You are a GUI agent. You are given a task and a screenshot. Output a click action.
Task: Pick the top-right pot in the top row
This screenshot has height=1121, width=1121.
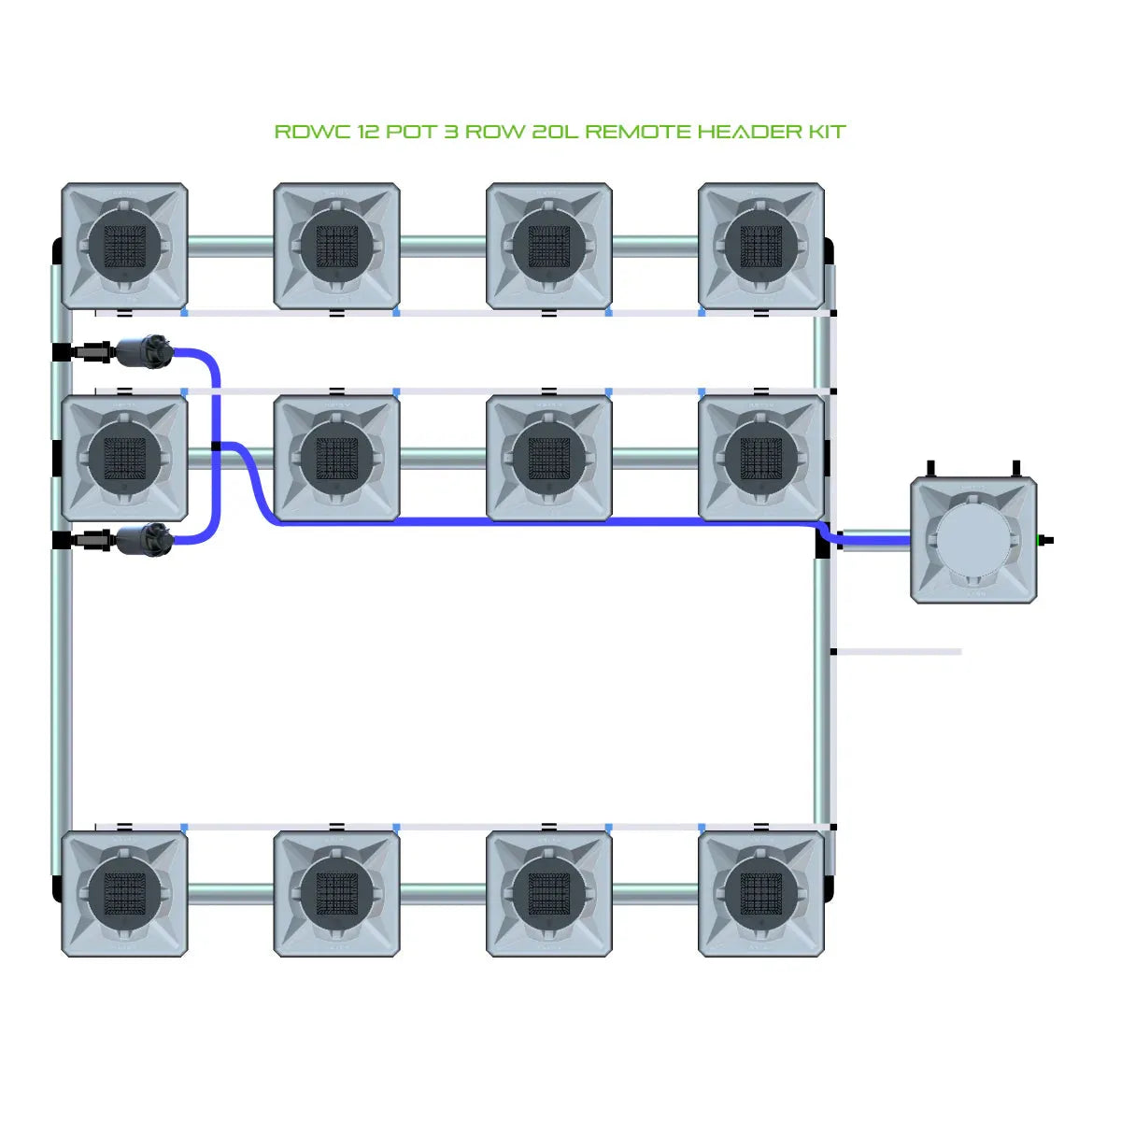coord(761,246)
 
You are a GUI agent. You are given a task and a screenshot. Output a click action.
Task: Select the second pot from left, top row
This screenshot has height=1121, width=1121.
coord(337,246)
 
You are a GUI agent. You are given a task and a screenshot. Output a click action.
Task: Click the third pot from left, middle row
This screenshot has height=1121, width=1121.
coord(549,458)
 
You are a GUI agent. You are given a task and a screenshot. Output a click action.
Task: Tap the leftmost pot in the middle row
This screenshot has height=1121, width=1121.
coord(124,458)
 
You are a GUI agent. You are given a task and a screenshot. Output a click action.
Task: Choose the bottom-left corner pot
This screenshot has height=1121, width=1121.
coord(124,894)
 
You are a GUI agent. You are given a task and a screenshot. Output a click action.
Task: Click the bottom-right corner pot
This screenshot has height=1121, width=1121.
coord(761,894)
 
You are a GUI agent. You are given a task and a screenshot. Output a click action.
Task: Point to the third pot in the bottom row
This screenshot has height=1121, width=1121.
coord(549,894)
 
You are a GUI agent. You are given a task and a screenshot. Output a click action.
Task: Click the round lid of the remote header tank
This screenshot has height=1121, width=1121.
coord(972,540)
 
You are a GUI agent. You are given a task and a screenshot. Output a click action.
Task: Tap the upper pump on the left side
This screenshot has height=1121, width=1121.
coord(145,352)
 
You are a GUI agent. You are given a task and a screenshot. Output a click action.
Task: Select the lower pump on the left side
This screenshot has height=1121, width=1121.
coord(145,539)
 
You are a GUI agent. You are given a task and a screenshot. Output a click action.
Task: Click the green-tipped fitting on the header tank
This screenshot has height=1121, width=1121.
coord(1045,540)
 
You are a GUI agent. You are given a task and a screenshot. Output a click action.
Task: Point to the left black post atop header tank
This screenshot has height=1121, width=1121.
coord(930,468)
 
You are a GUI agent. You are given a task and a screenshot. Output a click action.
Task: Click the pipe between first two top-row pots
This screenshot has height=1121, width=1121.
coord(231,247)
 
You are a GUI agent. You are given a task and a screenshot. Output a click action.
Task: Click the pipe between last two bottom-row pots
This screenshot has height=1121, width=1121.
coord(655,895)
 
